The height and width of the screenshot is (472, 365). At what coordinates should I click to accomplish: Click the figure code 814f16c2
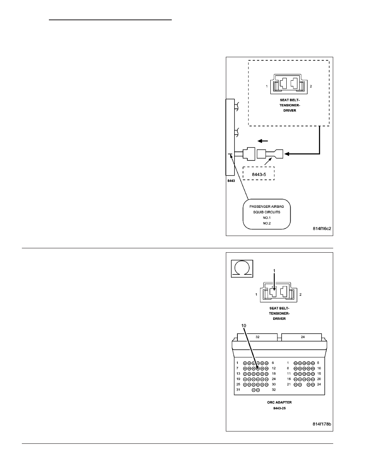322,228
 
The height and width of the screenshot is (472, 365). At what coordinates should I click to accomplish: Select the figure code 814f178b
322,424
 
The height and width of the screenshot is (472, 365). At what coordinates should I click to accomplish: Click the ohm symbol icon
242,269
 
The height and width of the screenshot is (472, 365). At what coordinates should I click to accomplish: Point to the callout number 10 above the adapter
244,325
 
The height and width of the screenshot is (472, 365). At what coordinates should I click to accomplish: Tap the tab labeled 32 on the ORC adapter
258,337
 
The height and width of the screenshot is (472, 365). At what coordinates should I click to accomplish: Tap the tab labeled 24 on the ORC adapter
303,337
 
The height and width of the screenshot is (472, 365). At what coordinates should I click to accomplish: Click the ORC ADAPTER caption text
280,402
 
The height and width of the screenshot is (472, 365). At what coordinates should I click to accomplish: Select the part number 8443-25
280,408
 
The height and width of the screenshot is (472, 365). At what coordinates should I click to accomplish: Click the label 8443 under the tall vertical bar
231,181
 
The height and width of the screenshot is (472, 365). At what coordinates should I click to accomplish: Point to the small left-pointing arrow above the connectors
262,141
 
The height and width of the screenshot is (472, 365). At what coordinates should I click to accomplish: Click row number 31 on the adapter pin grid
238,389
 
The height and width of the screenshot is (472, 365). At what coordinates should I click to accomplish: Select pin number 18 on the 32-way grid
274,373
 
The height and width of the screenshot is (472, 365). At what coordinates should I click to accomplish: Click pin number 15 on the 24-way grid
319,373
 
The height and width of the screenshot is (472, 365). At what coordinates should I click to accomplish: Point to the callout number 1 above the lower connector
274,271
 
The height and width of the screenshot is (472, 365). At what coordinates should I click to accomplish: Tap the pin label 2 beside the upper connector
311,86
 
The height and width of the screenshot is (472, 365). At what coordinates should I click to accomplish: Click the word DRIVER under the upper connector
290,110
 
